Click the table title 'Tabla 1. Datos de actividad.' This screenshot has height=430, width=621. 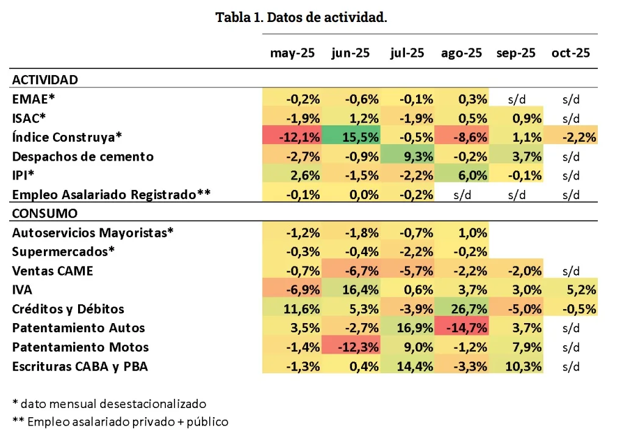301,17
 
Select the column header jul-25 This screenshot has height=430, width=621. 407,53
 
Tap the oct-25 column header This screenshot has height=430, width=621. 570,53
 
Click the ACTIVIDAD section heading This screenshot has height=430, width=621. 45,80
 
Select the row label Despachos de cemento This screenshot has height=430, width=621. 83,156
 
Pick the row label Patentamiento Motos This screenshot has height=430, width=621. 81,347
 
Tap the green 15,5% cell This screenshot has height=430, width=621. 362,137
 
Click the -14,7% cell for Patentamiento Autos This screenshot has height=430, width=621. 468,328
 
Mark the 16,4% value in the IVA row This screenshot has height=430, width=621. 362,290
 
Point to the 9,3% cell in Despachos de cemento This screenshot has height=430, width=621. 417,156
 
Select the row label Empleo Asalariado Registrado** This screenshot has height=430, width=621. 111,195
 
